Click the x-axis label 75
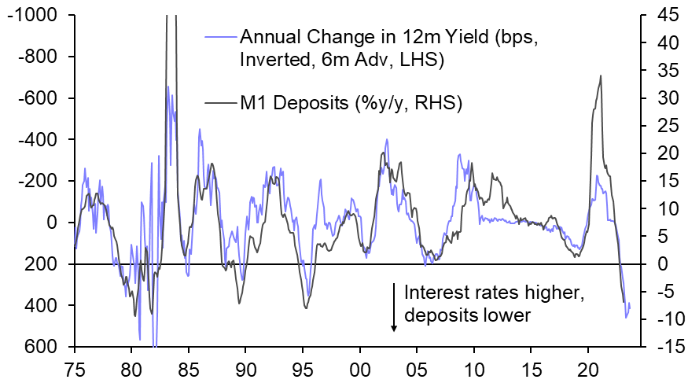[75, 366]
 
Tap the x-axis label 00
[361, 366]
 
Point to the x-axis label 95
[304, 366]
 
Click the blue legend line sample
[220, 36]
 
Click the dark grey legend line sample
[220, 102]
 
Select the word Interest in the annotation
[431, 293]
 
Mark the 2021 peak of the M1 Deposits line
[601, 76]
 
